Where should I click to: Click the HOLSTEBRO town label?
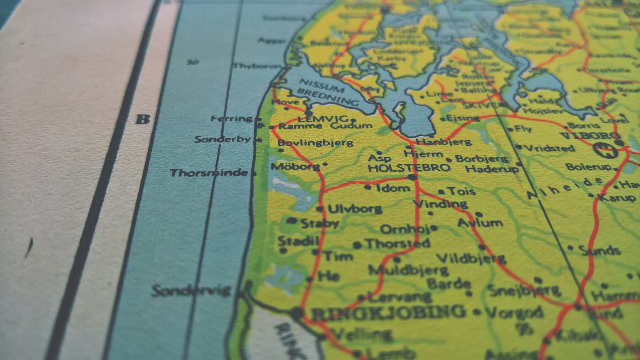click(x=409, y=167)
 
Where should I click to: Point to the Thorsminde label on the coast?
click(x=209, y=173)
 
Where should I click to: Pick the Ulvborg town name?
click(x=354, y=209)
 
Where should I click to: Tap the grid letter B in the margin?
click(x=143, y=119)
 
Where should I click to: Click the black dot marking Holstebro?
click(x=412, y=177)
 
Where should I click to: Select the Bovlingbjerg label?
click(x=315, y=143)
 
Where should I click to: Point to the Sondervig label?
click(x=191, y=291)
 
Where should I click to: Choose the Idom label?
click(x=393, y=188)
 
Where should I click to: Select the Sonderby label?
click(x=223, y=139)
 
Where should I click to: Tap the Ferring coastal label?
click(x=231, y=118)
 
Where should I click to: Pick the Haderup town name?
click(x=492, y=169)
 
